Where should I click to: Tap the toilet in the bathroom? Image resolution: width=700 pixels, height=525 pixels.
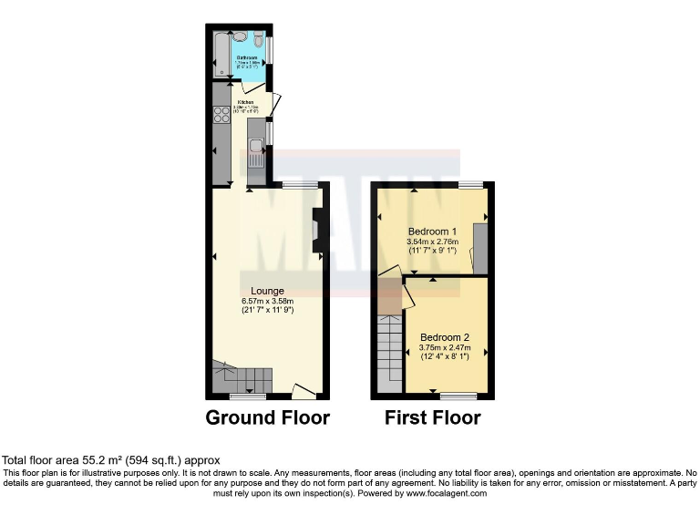tap(259, 41)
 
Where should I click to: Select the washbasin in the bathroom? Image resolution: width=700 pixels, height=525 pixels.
tap(240, 36)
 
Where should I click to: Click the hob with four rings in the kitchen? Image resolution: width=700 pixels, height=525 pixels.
tap(221, 115)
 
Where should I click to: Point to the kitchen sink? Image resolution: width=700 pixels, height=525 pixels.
tap(256, 160)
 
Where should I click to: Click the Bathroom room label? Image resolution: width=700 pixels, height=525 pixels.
tap(248, 57)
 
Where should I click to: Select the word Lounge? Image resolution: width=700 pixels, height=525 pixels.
tap(267, 291)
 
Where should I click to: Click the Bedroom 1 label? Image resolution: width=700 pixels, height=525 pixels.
tap(433, 231)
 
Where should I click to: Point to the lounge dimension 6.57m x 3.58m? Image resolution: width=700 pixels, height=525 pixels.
tap(267, 301)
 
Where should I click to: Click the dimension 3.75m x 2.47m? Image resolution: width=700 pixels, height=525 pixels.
tap(444, 346)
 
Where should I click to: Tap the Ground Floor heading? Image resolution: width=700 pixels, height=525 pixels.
tap(267, 418)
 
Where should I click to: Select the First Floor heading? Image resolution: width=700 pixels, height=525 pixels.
tap(432, 418)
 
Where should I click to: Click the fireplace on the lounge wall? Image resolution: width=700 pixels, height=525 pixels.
tap(316, 231)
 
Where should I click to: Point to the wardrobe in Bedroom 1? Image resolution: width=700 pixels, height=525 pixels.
tap(480, 248)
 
